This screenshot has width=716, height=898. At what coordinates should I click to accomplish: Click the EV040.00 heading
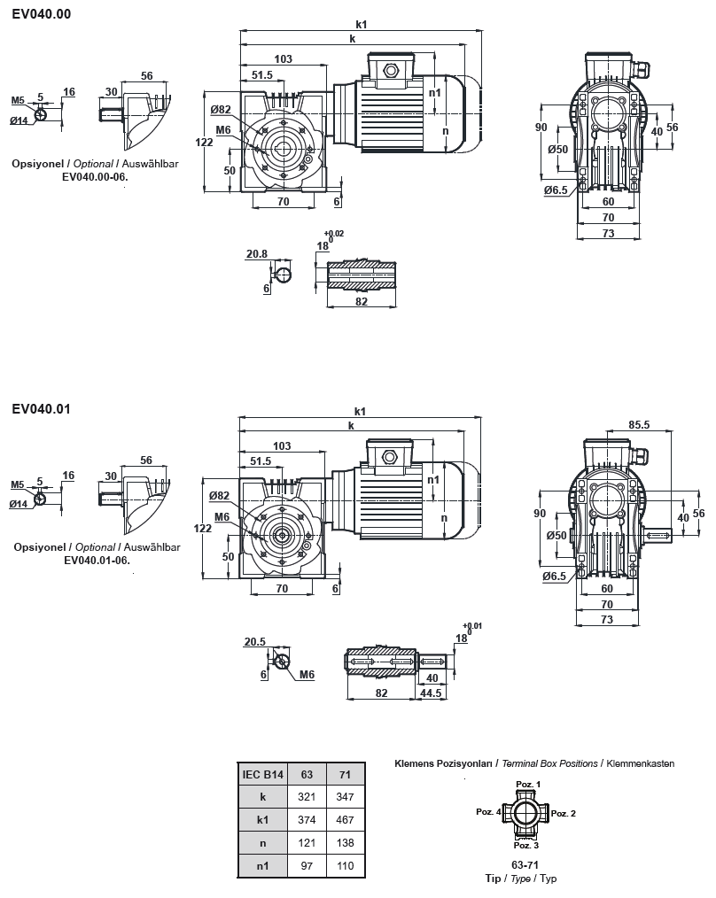coord(42,14)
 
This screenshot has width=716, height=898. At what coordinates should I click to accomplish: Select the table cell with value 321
coord(307,796)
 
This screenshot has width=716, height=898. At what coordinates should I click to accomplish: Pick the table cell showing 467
coord(346,819)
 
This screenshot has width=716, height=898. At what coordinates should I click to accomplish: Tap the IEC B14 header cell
coord(262,774)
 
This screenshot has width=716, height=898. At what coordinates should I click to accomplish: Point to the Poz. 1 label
coord(529,785)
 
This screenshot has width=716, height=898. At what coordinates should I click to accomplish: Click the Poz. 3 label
coord(527,846)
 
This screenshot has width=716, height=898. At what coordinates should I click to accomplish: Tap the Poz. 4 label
coord(488,812)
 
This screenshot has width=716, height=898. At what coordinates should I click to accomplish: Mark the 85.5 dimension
coord(639,425)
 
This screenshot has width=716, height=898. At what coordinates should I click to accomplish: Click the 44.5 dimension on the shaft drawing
coord(432,693)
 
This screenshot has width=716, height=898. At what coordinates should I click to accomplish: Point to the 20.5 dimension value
coord(255,642)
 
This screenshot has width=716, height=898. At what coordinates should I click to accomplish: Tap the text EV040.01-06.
coord(97,560)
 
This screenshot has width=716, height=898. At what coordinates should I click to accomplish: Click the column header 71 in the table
coord(346,774)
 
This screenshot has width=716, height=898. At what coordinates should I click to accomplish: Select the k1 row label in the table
coord(262,819)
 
